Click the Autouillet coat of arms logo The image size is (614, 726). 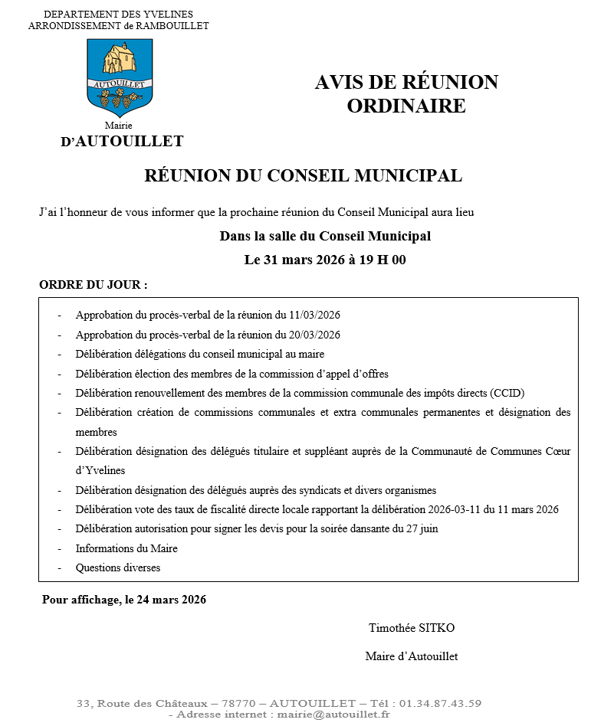120,77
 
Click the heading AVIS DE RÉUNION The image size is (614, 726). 406,83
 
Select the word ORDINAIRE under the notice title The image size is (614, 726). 406,106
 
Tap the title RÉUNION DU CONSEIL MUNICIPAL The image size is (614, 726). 303,176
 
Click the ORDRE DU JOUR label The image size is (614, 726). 93,285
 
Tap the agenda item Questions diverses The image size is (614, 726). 118,568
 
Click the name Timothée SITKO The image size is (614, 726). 412,628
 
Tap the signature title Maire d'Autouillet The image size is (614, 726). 412,656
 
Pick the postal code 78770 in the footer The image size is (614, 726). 236,703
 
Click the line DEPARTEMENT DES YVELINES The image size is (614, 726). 118,15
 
